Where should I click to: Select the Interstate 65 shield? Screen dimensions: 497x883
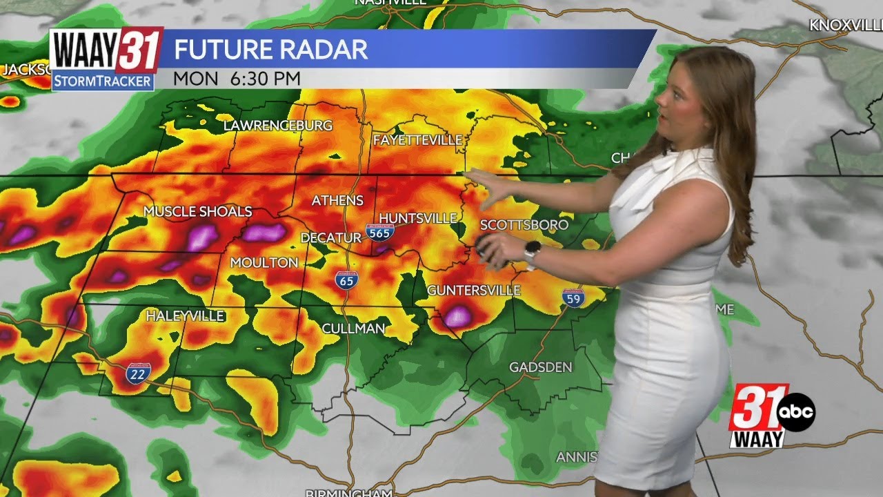tap(347, 280)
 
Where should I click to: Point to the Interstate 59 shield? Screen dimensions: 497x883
tap(573, 298)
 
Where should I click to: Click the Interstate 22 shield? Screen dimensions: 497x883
tap(136, 374)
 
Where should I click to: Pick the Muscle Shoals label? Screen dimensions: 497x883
tap(197, 211)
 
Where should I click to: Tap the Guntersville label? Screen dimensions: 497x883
tap(473, 290)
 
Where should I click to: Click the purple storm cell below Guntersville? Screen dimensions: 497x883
tap(457, 317)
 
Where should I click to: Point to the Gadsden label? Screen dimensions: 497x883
tap(540, 367)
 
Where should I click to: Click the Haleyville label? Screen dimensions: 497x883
tap(185, 316)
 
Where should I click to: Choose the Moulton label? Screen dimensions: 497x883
tap(264, 262)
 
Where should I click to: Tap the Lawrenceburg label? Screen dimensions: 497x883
tap(278, 126)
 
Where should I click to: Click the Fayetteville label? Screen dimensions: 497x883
tap(417, 140)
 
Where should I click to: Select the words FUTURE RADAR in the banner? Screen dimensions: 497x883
tap(270, 50)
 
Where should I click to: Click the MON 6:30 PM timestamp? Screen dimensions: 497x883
tap(237, 79)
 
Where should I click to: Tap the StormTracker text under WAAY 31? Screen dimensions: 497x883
tap(103, 81)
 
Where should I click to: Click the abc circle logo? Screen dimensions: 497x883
tap(796, 413)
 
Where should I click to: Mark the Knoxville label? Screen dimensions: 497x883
tap(846, 26)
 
